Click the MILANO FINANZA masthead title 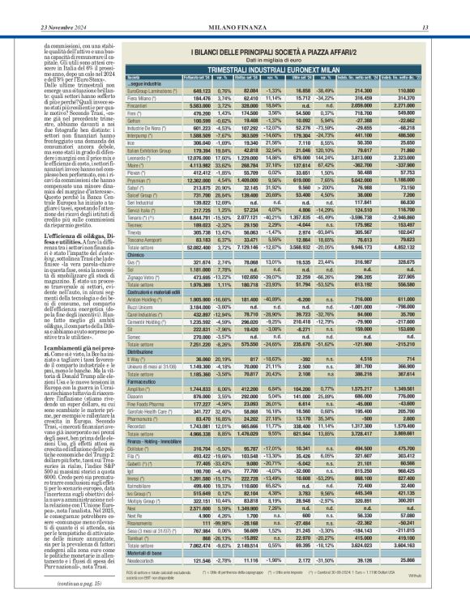click(x=235, y=7)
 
